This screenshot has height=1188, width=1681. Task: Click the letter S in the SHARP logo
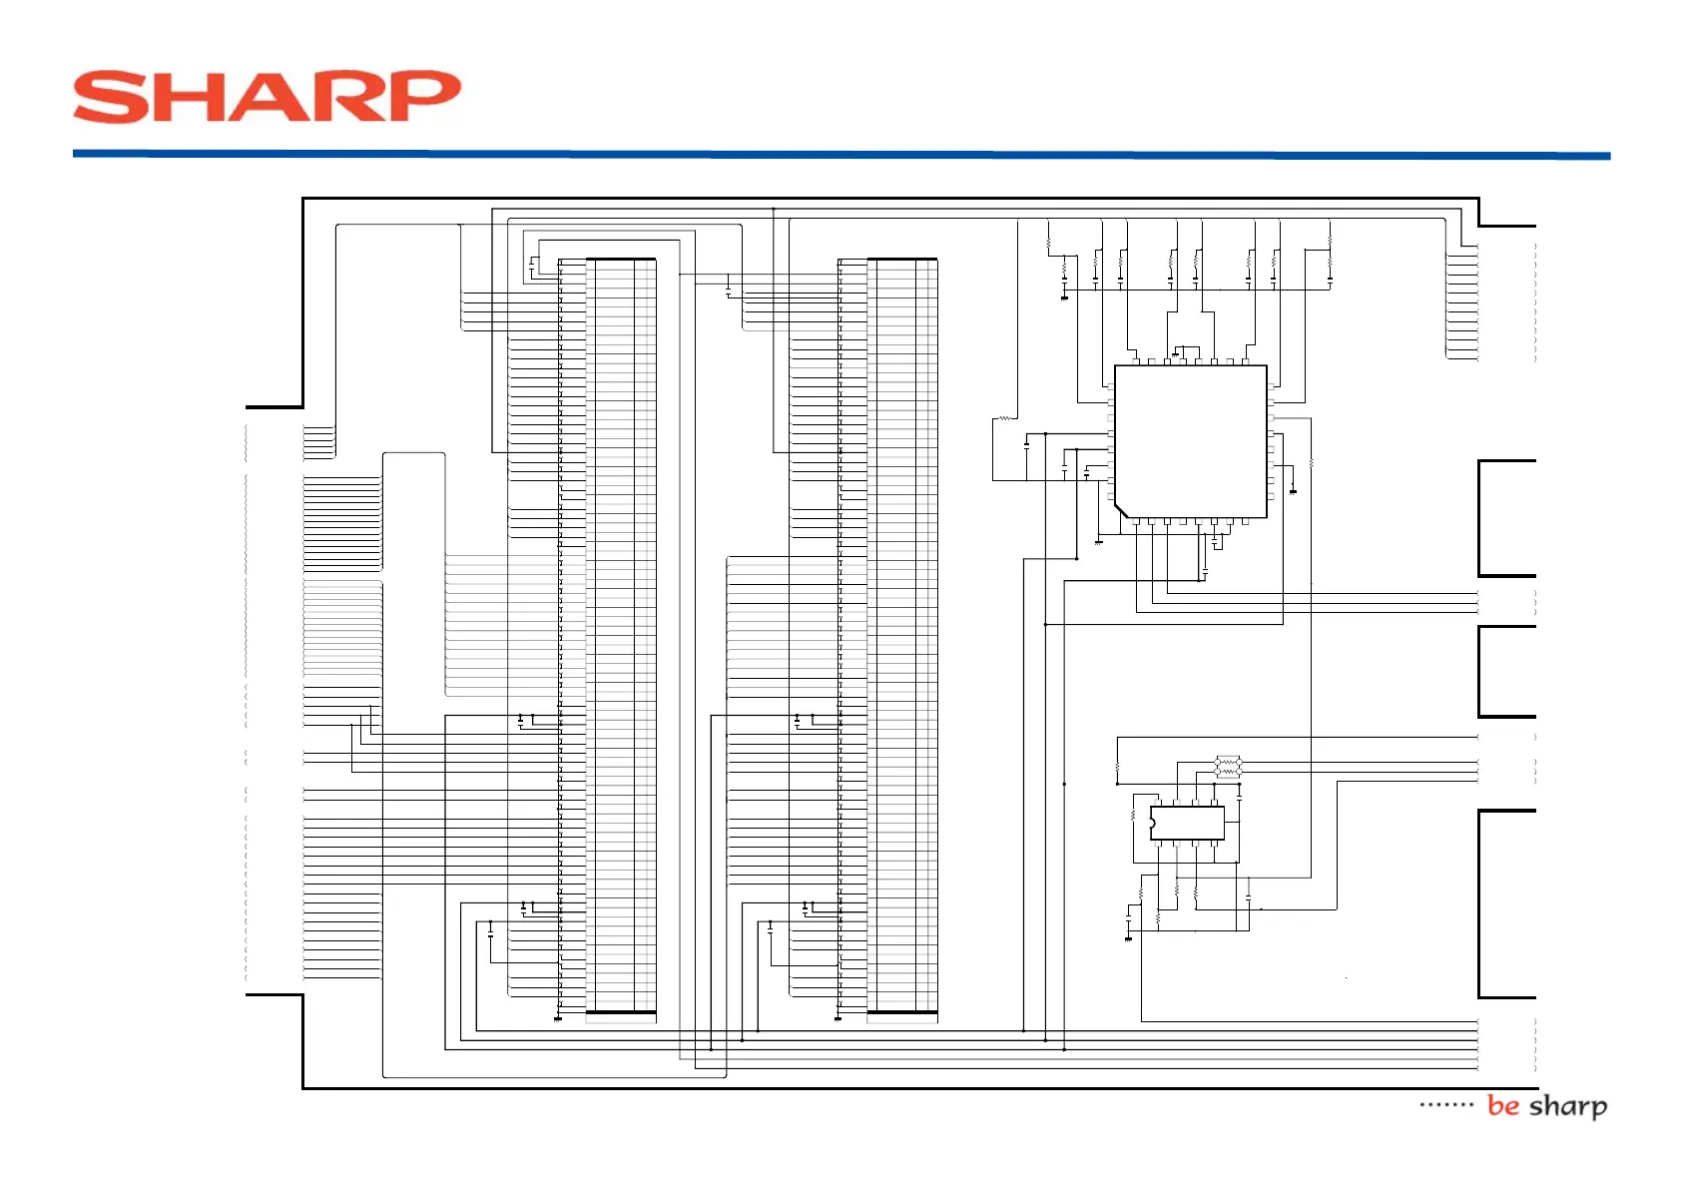[x=109, y=97]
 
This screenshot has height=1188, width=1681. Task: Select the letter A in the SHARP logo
[x=268, y=97]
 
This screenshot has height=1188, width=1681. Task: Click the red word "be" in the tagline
[x=1502, y=1105]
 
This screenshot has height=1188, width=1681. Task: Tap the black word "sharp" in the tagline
[x=1568, y=1106]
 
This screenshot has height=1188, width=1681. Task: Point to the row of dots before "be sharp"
[x=1445, y=1105]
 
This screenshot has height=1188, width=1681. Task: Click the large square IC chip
[x=1190, y=441]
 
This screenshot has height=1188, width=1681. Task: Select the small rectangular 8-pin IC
[x=1187, y=823]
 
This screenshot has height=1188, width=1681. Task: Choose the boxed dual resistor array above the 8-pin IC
[x=1228, y=767]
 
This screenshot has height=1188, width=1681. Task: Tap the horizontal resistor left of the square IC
[x=1005, y=418]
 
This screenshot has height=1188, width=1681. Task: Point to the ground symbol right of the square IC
[x=1294, y=491]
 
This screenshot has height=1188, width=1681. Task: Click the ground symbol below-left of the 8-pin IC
[x=1129, y=937]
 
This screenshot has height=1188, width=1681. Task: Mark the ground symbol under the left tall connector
[x=557, y=1019]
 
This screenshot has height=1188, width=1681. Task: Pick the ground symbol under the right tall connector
[x=838, y=1019]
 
